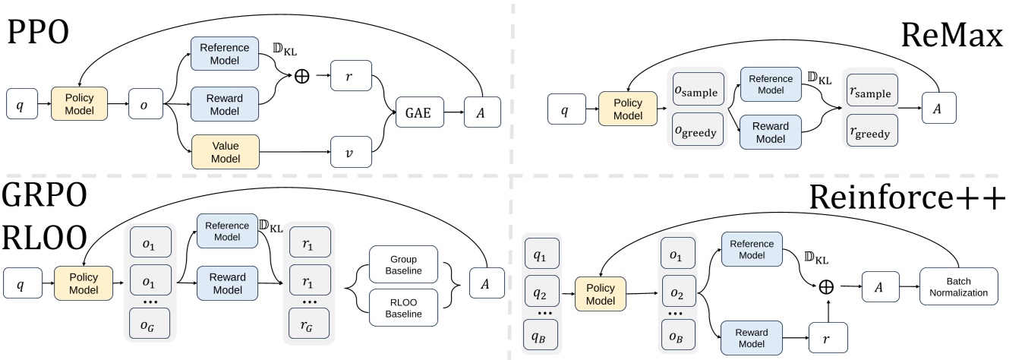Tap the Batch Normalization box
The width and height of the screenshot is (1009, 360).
[x=959, y=286]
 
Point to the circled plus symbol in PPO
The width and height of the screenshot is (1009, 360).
[x=302, y=79]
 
